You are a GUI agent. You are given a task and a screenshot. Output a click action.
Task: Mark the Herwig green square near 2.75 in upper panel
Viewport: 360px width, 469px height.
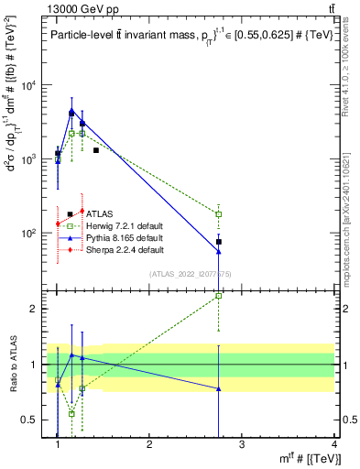[x=218, y=214]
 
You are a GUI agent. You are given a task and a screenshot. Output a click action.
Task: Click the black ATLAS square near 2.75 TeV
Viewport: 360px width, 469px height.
[x=219, y=242]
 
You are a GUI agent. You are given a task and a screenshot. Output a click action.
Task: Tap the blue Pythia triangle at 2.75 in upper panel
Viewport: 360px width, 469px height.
[x=218, y=252]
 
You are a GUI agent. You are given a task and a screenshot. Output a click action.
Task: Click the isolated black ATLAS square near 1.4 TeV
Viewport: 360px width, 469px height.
[x=96, y=149]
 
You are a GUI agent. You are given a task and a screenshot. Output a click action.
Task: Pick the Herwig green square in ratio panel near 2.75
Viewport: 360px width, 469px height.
[x=218, y=296]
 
